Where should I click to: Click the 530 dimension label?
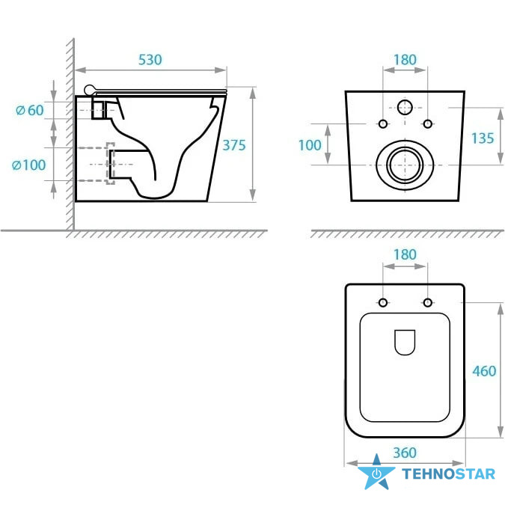tap(150, 60)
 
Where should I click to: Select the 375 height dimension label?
tap(234, 145)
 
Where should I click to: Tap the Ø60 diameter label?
tap(30, 111)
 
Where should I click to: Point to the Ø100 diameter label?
tap(28, 165)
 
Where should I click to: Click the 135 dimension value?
tap(483, 138)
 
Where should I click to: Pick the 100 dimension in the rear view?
tap(310, 145)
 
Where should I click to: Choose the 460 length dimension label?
tap(484, 371)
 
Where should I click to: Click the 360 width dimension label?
tap(405, 453)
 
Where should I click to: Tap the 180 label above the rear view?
tap(405, 60)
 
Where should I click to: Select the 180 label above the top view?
tap(405, 255)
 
